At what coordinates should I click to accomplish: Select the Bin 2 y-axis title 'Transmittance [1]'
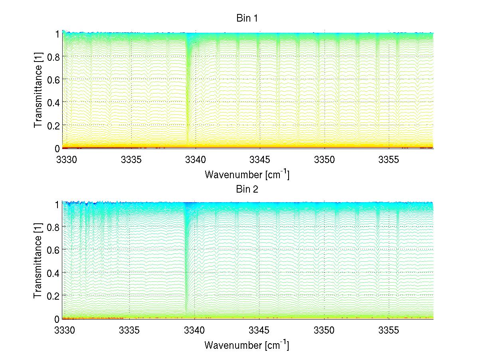38,261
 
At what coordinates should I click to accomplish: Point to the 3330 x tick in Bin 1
65,160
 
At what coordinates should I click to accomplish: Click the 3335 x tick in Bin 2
130,330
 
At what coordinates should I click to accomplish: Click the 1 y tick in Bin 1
57,34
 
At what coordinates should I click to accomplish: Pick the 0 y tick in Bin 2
57,318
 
